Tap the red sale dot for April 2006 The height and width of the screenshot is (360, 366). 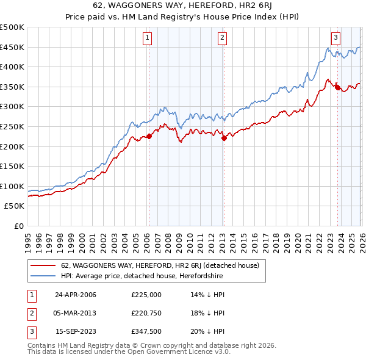[x=149, y=136]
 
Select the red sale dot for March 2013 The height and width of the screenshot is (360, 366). [x=223, y=138]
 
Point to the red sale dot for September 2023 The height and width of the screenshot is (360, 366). [x=337, y=88]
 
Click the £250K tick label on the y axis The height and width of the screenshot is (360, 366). [x=12, y=126]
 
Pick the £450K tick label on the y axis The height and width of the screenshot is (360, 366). [x=12, y=47]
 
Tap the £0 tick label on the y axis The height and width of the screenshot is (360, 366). [x=20, y=226]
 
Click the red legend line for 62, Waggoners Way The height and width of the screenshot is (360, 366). [x=43, y=265]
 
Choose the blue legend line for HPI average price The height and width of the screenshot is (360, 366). [x=43, y=276]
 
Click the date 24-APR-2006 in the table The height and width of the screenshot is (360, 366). [x=76, y=295]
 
